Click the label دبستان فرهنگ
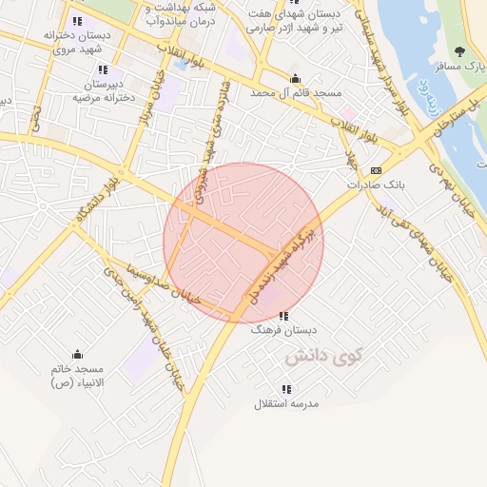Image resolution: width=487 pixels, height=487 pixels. coord(282,332)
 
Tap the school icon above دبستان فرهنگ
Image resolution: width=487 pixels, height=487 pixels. coord(283,317)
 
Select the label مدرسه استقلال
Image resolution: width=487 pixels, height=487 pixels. coord(286,404)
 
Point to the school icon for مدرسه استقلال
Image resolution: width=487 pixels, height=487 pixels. coord(286,389)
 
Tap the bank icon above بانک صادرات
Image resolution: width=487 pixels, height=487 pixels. coord(376,170)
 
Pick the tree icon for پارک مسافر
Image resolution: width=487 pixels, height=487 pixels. coord(460,52)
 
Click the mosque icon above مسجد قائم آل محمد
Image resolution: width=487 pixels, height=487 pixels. coord(296,79)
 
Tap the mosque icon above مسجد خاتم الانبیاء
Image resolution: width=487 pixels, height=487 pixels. coord(77,355)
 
